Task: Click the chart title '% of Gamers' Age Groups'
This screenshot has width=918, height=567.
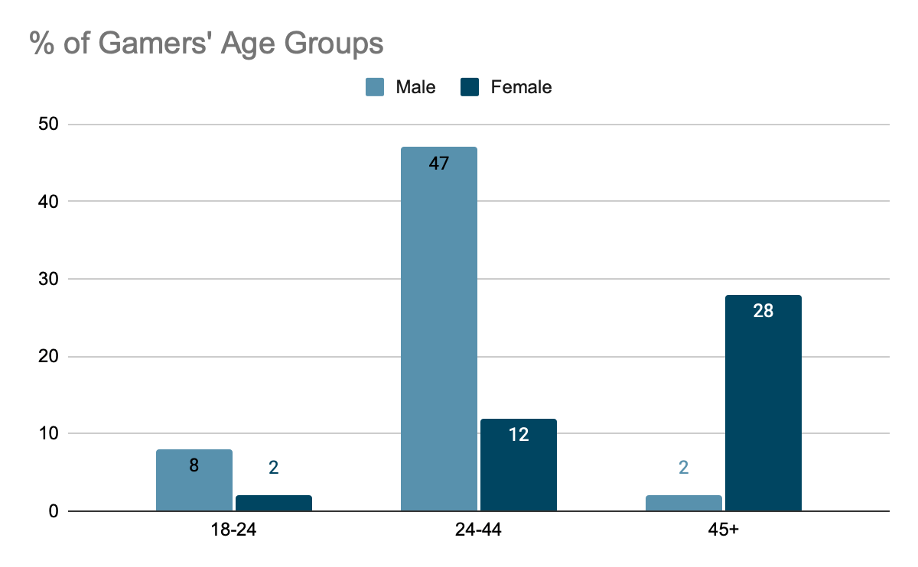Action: [x=207, y=44]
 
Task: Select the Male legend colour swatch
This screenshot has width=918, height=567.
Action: [x=375, y=87]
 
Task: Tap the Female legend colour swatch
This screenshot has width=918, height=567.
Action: [x=470, y=87]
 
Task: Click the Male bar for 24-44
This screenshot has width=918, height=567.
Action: [x=439, y=329]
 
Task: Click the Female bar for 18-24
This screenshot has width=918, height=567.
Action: [x=273, y=504]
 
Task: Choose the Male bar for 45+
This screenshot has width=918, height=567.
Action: [x=684, y=504]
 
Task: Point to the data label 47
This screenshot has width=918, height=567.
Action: [x=439, y=164]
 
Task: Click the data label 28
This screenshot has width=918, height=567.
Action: [x=763, y=312]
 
